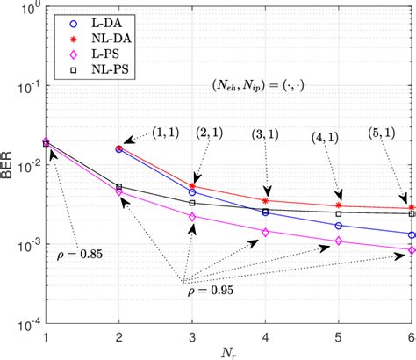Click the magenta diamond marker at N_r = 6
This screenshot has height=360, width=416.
click(x=412, y=250)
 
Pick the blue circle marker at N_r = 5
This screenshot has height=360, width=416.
click(x=339, y=226)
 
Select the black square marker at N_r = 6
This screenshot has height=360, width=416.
click(x=412, y=213)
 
